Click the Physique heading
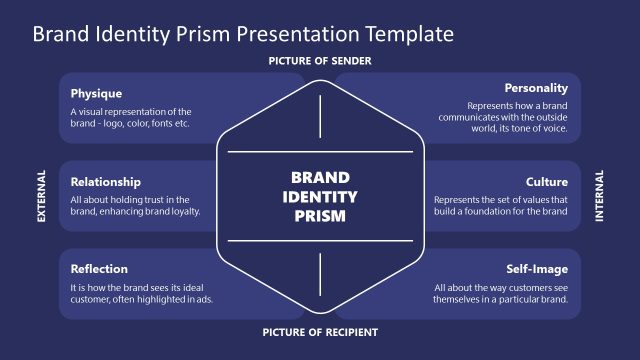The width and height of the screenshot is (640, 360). click(x=97, y=93)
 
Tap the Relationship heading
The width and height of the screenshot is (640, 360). click(x=105, y=182)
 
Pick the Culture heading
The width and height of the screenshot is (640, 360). click(x=547, y=182)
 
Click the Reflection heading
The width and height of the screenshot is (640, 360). click(x=98, y=269)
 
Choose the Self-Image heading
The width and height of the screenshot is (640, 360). click(x=538, y=269)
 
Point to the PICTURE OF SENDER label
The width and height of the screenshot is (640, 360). click(x=320, y=62)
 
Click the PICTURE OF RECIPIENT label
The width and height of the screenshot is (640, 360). click(x=320, y=332)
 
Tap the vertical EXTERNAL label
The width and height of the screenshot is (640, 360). click(x=42, y=196)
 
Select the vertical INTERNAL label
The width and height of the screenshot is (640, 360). click(x=599, y=196)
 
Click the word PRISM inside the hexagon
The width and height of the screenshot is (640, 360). click(x=320, y=214)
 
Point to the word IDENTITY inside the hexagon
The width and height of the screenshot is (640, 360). click(x=320, y=196)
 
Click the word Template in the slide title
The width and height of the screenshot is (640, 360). click(x=407, y=34)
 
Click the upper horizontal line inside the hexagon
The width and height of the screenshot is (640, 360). click(x=320, y=152)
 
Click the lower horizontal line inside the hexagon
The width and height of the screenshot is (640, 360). click(x=320, y=241)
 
